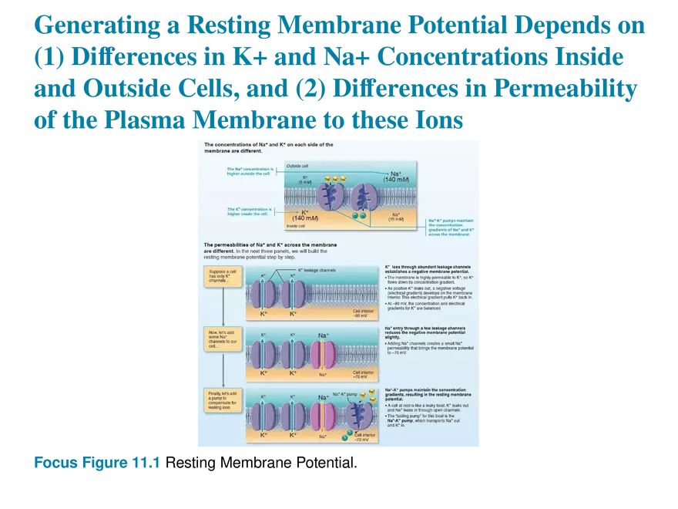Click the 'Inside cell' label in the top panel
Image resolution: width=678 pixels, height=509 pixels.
pyautogui.click(x=297, y=227)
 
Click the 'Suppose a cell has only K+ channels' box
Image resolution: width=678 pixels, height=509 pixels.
pyautogui.click(x=220, y=276)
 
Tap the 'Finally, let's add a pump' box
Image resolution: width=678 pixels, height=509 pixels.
pyautogui.click(x=220, y=402)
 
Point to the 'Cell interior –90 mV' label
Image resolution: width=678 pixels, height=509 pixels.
pyautogui.click(x=361, y=314)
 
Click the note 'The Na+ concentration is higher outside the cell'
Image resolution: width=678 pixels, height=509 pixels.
pyautogui.click(x=248, y=170)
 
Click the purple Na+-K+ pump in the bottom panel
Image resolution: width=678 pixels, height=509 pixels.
pyautogui.click(x=359, y=413)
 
